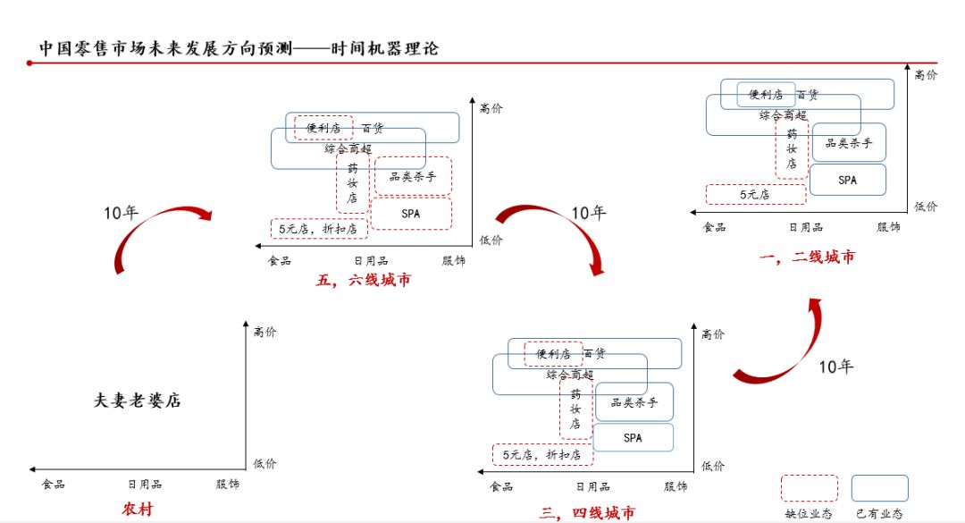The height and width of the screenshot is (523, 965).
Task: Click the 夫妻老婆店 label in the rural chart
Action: pos(138,401)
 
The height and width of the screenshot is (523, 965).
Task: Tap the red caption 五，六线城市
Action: pos(364,280)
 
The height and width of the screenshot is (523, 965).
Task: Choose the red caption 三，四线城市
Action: pos(587,512)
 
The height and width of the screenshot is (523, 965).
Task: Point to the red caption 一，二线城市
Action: pos(806,257)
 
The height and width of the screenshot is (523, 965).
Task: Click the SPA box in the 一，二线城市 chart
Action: pos(847,180)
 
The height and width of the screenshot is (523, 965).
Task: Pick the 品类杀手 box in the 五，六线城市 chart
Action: pos(413,177)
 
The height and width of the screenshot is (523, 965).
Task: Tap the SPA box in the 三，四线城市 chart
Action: pos(634,437)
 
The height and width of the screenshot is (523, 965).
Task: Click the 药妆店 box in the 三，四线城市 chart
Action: pos(575,410)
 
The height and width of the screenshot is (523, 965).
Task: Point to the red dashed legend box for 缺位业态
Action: pos(809,488)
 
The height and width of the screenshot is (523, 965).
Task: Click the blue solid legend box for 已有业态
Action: pos(879,488)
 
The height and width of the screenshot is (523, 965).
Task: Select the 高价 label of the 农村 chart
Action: pos(264,333)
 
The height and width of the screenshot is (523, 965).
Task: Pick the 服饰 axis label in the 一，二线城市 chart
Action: pos(888,228)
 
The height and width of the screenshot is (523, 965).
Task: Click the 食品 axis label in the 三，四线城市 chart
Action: pos(501,486)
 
